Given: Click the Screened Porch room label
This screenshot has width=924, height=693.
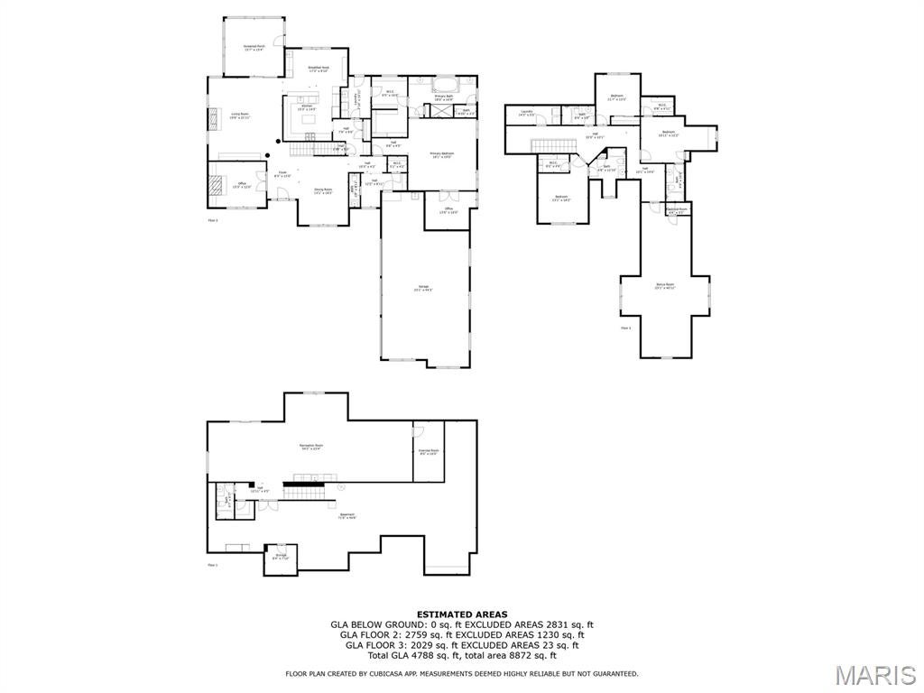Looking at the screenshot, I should coord(254,47).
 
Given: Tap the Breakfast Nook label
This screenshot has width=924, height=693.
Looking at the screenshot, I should coord(319,69).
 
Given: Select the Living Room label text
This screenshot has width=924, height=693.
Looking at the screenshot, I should coord(240,115).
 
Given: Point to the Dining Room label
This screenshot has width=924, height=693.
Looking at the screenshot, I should coord(323,190).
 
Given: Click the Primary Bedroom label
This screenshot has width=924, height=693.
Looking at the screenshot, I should coord(441,155).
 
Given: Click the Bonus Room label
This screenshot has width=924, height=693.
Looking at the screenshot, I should coord(666,286).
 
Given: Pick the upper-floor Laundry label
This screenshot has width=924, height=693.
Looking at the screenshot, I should coord(526,113).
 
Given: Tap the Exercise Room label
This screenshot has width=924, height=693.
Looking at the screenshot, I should coord(429,451).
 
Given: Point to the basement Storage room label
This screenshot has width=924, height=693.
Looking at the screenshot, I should coord(280,557).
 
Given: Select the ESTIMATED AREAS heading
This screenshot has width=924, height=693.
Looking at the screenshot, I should coord(462,614).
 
